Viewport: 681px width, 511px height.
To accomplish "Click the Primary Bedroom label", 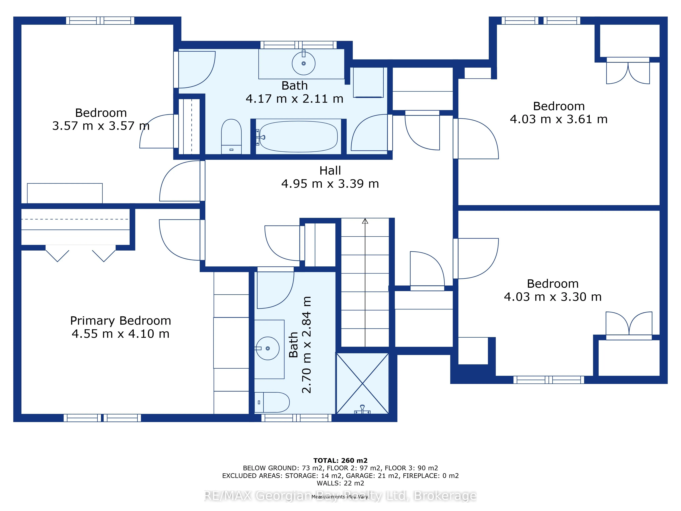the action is coord(120,321).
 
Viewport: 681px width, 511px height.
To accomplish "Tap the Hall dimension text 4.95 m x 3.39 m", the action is coord(330,184).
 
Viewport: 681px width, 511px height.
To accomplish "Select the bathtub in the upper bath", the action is coord(298,136).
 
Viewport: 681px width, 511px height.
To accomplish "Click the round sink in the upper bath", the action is coord(304,64).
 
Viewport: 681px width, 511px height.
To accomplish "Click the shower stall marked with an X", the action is coord(363,383).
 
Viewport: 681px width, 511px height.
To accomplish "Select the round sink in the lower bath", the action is coord(267,348).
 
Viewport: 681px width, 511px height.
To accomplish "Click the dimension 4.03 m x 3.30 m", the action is coord(553,297).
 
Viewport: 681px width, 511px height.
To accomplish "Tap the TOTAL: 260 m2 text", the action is coord(340,460).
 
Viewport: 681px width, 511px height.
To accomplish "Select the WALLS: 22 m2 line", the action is coord(340,483).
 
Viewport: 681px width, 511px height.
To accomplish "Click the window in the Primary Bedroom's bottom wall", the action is coord(102,418).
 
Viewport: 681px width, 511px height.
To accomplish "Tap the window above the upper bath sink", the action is coord(299,45).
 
